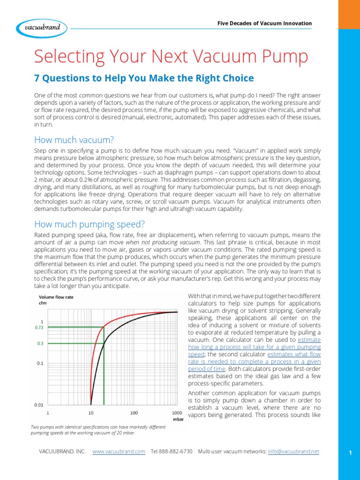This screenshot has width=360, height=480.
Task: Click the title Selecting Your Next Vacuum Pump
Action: coord(171,57)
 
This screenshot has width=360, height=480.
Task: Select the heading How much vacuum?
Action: coord(74,140)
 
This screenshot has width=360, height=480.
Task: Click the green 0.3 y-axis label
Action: coord(40,344)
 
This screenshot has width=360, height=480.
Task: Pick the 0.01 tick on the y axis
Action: coord(39,404)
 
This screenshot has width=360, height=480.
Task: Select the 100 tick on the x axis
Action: coord(134,413)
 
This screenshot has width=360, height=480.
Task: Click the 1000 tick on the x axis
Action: coord(177,413)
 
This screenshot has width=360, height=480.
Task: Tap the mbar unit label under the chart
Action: coord(178,420)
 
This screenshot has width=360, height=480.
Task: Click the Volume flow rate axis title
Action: coord(56,297)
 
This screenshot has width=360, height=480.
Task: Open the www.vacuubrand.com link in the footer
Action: coord(119,451)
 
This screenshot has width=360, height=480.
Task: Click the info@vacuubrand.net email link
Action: coord(293,451)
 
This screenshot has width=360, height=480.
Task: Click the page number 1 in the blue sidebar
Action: coord(350,452)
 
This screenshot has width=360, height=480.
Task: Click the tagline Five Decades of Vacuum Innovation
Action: coord(265,23)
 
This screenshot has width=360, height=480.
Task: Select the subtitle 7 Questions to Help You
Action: coord(144,78)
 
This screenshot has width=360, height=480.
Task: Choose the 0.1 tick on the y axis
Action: coord(40,363)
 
